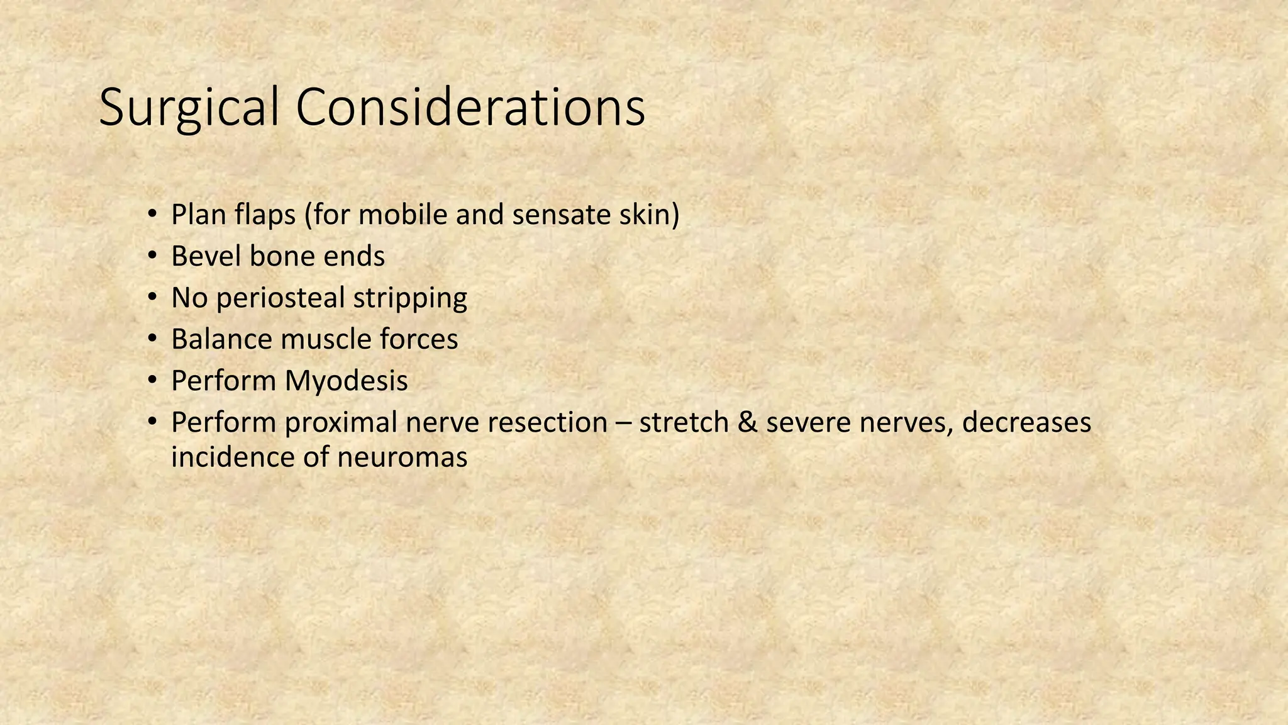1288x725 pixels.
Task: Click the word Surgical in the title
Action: click(189, 108)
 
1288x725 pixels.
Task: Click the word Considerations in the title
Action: click(470, 107)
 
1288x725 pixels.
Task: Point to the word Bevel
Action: click(205, 257)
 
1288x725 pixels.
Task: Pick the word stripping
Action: click(410, 298)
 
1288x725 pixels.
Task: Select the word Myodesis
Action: click(346, 381)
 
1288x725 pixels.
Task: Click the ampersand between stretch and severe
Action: click(747, 423)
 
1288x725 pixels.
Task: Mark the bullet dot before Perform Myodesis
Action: click(152, 381)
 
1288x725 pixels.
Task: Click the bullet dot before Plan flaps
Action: click(152, 215)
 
